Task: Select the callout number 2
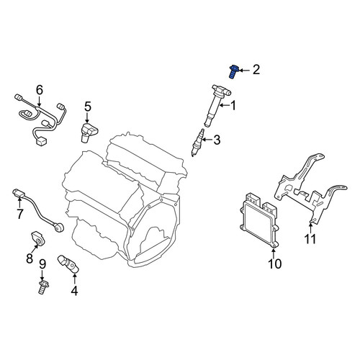[x=256, y=70]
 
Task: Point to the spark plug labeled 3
[x=198, y=143]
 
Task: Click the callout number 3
[x=217, y=140]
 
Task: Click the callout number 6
[x=40, y=90]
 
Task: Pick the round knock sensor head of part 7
[x=59, y=227]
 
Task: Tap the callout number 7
[x=19, y=214]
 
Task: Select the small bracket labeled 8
[x=37, y=238]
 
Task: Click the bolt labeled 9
[x=43, y=287]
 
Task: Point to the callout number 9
[x=42, y=264]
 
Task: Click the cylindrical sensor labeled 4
[x=68, y=264]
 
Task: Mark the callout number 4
[x=74, y=291]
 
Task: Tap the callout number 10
[x=274, y=264]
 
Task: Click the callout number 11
[x=310, y=238]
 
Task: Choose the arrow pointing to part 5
[x=87, y=117]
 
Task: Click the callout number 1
[x=233, y=105]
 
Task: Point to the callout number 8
[x=30, y=258]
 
